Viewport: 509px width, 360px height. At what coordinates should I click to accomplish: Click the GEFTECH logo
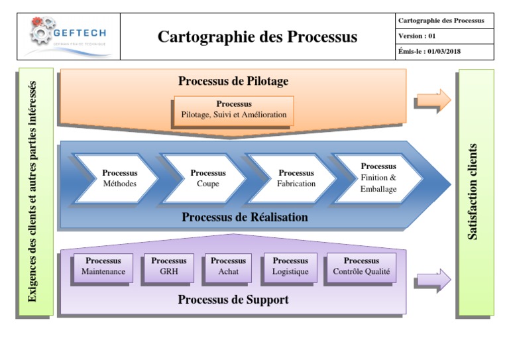point(68,36)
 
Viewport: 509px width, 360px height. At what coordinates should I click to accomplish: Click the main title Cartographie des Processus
point(257,37)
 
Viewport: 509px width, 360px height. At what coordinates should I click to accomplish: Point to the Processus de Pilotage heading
point(233,82)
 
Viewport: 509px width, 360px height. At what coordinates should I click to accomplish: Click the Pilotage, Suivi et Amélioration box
point(233,110)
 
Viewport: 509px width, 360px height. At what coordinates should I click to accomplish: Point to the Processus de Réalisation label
point(245,217)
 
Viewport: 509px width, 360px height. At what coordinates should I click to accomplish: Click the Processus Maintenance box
point(103,267)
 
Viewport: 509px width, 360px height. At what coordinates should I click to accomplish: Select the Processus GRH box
point(168,267)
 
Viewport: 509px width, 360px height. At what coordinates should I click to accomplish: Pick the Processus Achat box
point(228,267)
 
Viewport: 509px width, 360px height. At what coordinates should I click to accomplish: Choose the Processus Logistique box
point(290,267)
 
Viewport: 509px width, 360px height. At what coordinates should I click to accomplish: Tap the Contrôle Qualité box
point(361,267)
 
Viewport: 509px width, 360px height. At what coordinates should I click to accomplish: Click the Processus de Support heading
point(233,300)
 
